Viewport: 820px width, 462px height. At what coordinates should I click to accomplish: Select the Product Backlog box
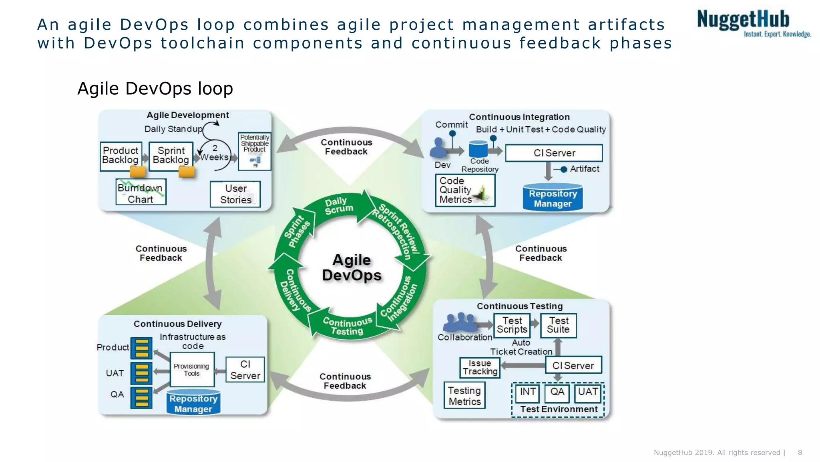[x=121, y=156]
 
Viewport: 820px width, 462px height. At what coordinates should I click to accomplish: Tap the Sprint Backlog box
[x=171, y=156]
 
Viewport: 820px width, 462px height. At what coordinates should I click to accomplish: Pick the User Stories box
[x=235, y=194]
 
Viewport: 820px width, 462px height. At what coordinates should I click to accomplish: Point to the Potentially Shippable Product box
[x=255, y=151]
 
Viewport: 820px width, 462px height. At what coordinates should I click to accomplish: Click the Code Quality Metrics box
[x=464, y=190]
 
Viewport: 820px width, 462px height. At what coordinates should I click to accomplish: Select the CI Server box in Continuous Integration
[x=554, y=153]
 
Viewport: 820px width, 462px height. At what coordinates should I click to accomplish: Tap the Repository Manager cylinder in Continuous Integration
[x=553, y=198]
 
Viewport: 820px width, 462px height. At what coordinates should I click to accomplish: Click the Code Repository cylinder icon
[x=478, y=149]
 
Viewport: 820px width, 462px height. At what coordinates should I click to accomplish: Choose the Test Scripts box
[x=512, y=325]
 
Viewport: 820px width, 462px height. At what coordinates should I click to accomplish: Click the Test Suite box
[x=558, y=325]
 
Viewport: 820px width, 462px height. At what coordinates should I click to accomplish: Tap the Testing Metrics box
[x=464, y=396]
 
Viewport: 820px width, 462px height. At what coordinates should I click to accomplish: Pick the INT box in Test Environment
[x=527, y=393]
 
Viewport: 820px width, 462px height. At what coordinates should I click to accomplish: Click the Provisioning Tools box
[x=192, y=370]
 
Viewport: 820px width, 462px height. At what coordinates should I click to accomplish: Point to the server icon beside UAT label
[x=141, y=373]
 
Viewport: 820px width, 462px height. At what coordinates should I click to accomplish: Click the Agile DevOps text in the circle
[x=352, y=268]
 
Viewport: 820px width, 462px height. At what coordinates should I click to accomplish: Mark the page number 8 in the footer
[x=800, y=452]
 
